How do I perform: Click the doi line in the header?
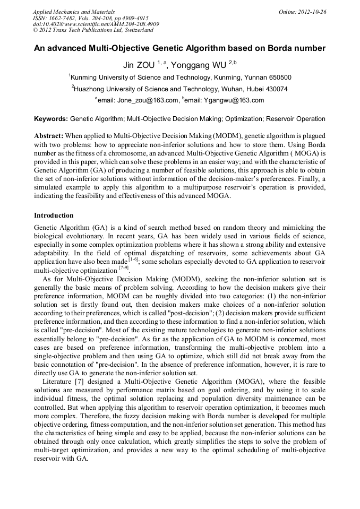(x=96, y=24)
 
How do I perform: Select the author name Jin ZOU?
(x=139, y=65)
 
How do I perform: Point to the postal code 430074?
(x=275, y=89)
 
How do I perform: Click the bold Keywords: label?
(x=51, y=119)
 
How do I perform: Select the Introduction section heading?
(x=54, y=215)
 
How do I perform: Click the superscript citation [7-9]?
(x=124, y=268)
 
